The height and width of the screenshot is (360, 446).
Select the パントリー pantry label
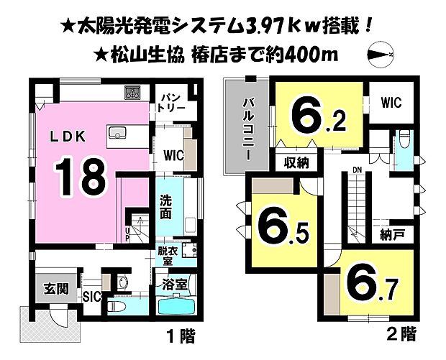pyautogui.click(x=173, y=101)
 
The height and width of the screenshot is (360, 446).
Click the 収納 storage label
pyautogui.click(x=296, y=162)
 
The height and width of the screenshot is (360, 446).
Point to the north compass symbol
pyautogui.click(x=378, y=52)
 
